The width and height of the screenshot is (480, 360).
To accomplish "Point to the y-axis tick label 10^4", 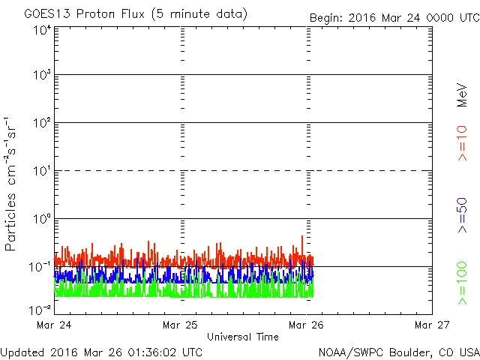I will [x=41, y=30].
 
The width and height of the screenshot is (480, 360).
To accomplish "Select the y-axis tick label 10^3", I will [x=41, y=76].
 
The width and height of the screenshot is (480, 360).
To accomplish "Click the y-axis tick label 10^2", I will [x=41, y=124].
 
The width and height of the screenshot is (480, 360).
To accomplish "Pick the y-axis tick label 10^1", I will [x=41, y=172].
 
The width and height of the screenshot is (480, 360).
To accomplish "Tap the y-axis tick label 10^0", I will [x=41, y=220].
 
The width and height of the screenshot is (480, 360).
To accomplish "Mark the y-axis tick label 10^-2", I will [x=41, y=310].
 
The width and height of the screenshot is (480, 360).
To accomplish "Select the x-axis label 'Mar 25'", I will [x=181, y=325].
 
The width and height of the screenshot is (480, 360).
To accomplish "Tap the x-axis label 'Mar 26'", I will [x=307, y=325].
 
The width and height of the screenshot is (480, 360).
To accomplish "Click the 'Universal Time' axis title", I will [x=243, y=337].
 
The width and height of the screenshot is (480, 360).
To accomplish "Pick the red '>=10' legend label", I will [x=463, y=142].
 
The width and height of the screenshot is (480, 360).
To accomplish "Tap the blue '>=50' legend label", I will [x=463, y=217].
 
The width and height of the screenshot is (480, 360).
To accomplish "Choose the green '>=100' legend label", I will [x=463, y=283].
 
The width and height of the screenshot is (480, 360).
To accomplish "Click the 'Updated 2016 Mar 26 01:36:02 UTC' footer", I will [x=101, y=351].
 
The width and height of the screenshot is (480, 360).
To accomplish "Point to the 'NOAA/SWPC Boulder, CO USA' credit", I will [x=398, y=351].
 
